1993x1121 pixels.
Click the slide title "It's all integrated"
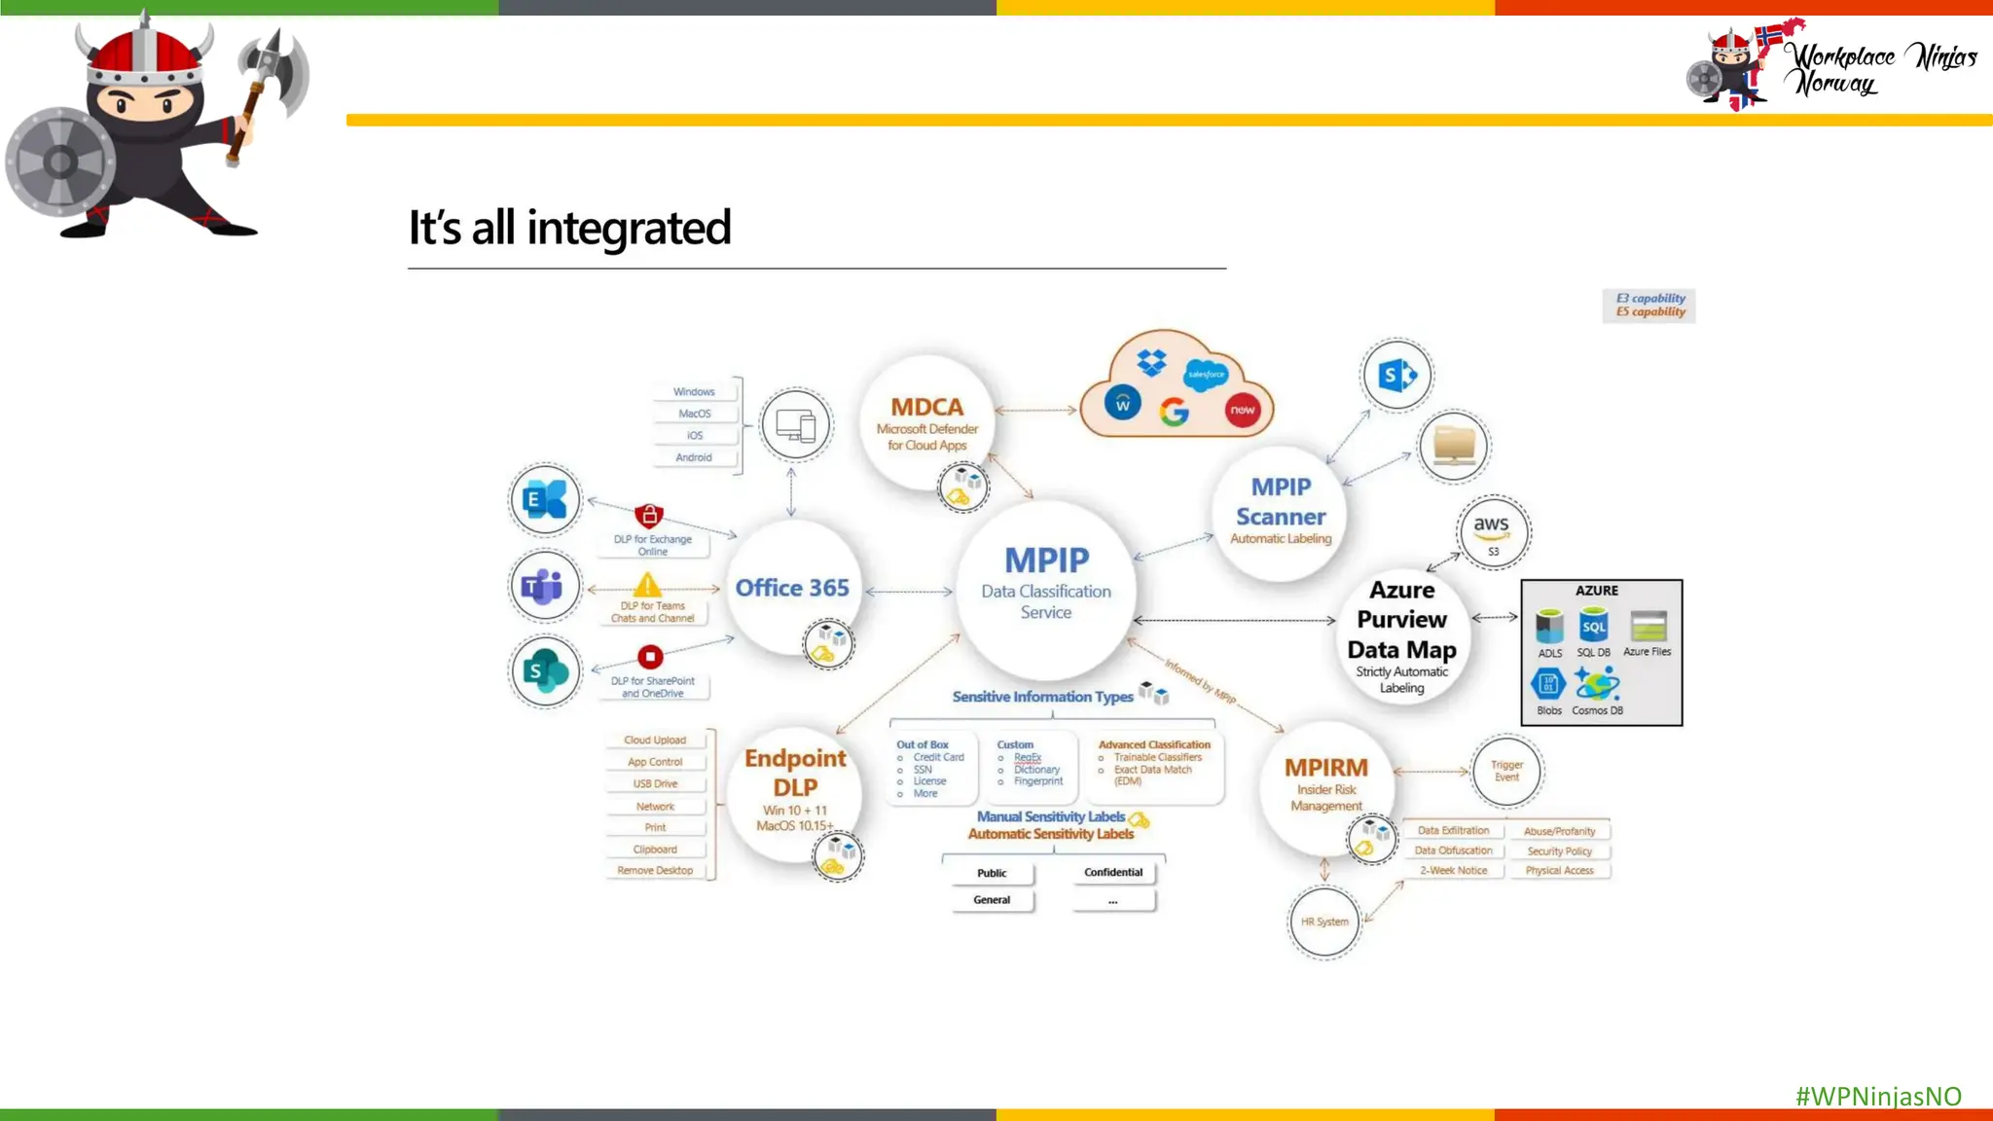[x=569, y=228]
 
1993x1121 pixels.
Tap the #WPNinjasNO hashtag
[x=1877, y=1096]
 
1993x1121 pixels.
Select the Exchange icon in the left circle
[x=544, y=500]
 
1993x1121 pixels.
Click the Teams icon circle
[x=544, y=587]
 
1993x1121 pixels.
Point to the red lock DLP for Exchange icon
[x=649, y=515]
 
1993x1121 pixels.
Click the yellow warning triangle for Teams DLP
[x=647, y=585]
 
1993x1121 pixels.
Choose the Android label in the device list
[x=694, y=457]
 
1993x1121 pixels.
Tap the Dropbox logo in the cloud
[x=1151, y=363]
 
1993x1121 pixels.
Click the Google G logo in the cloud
[x=1175, y=413]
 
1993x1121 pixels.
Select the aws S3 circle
[x=1493, y=532]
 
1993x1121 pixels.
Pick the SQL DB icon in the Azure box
[x=1593, y=626]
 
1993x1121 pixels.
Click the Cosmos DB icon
[x=1597, y=684]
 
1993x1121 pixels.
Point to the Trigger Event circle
[x=1506, y=772]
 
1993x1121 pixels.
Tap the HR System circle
[x=1324, y=922]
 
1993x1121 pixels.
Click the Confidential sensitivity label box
[x=1113, y=873]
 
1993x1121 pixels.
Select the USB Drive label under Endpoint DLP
[x=655, y=784]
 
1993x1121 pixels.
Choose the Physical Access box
[x=1559, y=871]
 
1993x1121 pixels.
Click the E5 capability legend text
[x=1650, y=312]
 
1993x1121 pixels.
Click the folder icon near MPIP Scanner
[x=1454, y=446]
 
